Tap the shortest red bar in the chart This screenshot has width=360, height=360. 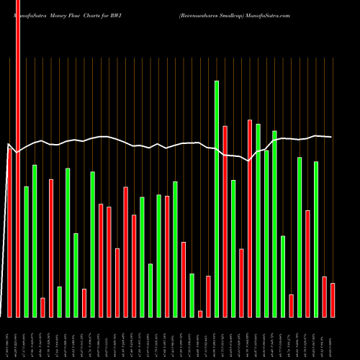point(200,313)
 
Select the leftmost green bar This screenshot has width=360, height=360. point(27,251)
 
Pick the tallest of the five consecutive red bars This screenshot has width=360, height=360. point(126,251)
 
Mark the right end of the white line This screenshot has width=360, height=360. point(332,137)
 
